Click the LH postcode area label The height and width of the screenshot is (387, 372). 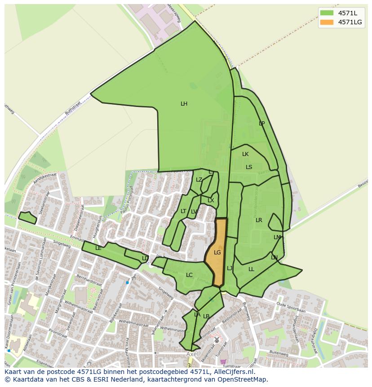pyautogui.click(x=184, y=104)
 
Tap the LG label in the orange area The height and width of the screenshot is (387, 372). pyautogui.click(x=217, y=253)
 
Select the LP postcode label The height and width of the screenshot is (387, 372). pyautogui.click(x=262, y=124)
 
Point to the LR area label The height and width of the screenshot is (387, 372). pyautogui.click(x=259, y=220)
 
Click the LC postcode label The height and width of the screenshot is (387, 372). pyautogui.click(x=189, y=275)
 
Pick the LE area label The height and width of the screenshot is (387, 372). pyautogui.click(x=98, y=248)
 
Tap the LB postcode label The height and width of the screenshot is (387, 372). pyautogui.click(x=206, y=316)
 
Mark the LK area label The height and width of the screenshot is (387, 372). pyautogui.click(x=245, y=154)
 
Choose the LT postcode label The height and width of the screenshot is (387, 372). pyautogui.click(x=183, y=211)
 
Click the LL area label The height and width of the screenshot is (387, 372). pyautogui.click(x=251, y=269)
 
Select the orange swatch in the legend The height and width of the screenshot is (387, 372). pyautogui.click(x=327, y=22)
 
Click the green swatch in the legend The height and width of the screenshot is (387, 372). pyautogui.click(x=327, y=13)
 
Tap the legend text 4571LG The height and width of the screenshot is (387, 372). pyautogui.click(x=350, y=22)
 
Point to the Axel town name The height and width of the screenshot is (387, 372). pyautogui.click(x=192, y=354)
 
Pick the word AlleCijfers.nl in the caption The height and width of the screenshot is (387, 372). pyautogui.click(x=233, y=372)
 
